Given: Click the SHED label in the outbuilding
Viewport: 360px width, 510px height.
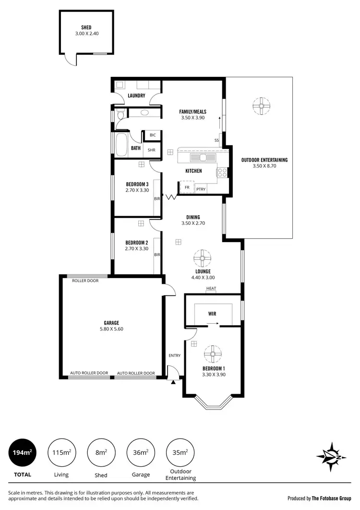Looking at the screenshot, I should (86, 28).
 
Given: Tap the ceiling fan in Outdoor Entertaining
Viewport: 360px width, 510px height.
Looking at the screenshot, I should (262, 107).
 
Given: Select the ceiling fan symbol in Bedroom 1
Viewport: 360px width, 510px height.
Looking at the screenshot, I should (212, 355).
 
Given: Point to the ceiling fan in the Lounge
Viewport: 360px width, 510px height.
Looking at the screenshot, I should (203, 258).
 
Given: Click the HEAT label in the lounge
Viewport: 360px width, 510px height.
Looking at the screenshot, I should (211, 289).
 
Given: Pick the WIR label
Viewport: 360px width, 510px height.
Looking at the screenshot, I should (212, 314).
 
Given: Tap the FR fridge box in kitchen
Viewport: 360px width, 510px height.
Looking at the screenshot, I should (187, 188).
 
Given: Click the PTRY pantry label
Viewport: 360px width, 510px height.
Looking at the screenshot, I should (201, 189).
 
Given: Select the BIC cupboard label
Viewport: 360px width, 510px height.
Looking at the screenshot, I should (153, 135).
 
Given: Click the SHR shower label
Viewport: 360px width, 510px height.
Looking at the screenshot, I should (151, 150).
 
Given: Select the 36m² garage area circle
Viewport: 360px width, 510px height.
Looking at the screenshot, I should (141, 452).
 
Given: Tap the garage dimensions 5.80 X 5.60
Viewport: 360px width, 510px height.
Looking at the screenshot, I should (111, 329).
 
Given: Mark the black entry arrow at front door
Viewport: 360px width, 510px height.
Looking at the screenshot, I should (171, 382).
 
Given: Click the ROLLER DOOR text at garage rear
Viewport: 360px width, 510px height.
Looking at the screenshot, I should (85, 280).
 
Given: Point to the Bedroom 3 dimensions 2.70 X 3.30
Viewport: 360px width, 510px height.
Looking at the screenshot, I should (137, 190).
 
